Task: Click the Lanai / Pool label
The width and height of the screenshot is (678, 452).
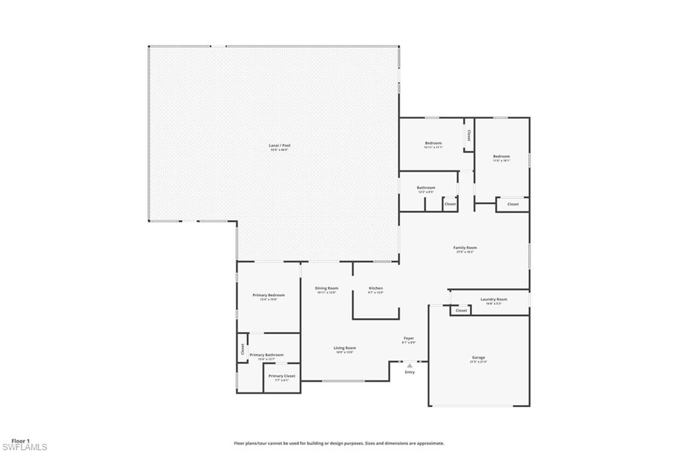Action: pyautogui.click(x=279, y=145)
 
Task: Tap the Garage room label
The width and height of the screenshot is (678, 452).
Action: pyautogui.click(x=478, y=357)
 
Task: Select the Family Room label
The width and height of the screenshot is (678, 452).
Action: pyautogui.click(x=465, y=248)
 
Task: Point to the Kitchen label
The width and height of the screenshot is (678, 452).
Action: pyautogui.click(x=375, y=288)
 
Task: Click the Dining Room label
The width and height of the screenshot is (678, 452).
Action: pyautogui.click(x=326, y=288)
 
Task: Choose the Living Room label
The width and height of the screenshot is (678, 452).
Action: pyautogui.click(x=345, y=348)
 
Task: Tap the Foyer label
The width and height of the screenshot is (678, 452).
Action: pyautogui.click(x=409, y=338)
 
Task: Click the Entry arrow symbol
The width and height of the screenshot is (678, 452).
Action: pyautogui.click(x=409, y=365)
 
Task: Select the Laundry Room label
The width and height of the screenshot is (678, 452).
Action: pyautogui.click(x=493, y=300)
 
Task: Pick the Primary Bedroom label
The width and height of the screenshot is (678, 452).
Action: pyautogui.click(x=268, y=295)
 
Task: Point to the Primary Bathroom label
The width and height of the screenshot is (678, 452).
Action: pyautogui.click(x=266, y=355)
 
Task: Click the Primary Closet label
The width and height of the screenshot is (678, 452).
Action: pyautogui.click(x=282, y=376)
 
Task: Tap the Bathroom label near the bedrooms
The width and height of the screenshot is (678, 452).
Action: pyautogui.click(x=426, y=188)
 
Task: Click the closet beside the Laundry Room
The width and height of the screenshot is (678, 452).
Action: pyautogui.click(x=461, y=310)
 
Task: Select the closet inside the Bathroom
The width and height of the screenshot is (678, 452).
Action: pyautogui.click(x=450, y=204)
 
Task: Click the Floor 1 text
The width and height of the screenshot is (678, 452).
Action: pyautogui.click(x=21, y=440)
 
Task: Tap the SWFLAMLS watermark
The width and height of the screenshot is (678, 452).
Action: pyautogui.click(x=24, y=447)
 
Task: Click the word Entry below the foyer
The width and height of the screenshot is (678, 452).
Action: pyautogui.click(x=409, y=372)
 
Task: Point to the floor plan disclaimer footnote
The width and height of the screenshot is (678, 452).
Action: pyautogui.click(x=338, y=443)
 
